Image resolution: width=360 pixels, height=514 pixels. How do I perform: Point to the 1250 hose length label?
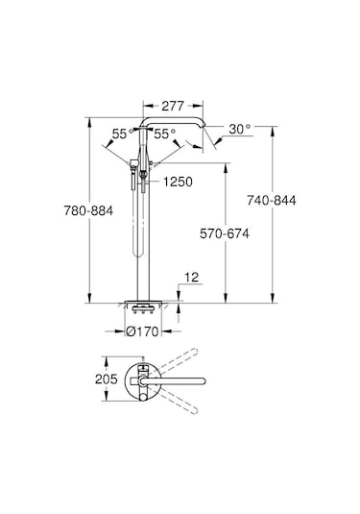[x=179, y=182]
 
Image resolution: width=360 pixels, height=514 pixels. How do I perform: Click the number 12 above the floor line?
[x=190, y=277]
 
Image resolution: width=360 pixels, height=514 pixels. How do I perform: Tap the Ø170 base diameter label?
[x=144, y=332]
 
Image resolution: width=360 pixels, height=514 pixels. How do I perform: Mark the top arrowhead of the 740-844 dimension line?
[x=273, y=121]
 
